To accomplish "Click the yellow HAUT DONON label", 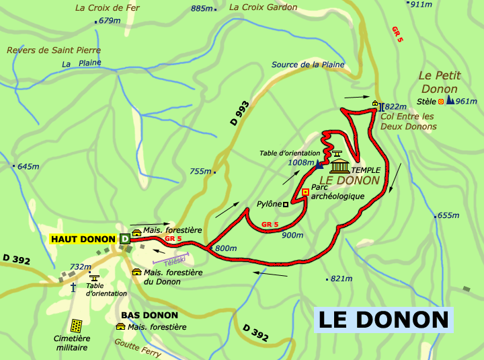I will click(x=83, y=239).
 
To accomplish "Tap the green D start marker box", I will click(x=124, y=239).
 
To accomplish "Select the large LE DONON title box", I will click(x=383, y=320).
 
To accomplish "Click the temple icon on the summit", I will click(x=339, y=166).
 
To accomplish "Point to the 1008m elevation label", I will click(x=300, y=162).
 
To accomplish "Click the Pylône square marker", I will click(x=286, y=204).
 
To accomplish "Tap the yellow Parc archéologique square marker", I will click(x=305, y=192).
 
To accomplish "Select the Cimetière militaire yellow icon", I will click(x=77, y=326).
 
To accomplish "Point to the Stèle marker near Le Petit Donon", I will click(x=441, y=102).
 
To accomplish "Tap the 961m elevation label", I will click(x=466, y=102).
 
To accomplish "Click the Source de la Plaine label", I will click(x=308, y=65).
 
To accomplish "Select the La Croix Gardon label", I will click(x=263, y=7).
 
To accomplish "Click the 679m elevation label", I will click(x=109, y=21).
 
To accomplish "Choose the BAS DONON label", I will click(x=149, y=315).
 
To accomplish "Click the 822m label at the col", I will click(x=396, y=106).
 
